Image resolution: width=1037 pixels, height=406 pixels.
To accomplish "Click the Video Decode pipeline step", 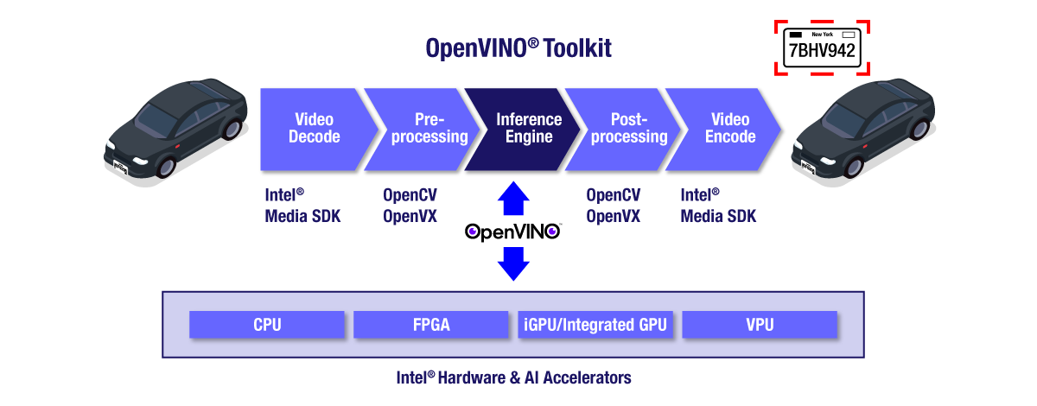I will pos(314,129).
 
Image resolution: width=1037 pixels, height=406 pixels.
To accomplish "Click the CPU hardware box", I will pos(267,326).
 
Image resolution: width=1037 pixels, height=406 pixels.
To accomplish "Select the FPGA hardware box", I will pos(431,326).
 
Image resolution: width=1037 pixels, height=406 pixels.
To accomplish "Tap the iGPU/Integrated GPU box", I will pos(595,326).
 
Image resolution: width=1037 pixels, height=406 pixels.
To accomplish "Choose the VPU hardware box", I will pos(760,326).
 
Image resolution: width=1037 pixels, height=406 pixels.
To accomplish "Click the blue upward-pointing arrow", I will pos(513,200).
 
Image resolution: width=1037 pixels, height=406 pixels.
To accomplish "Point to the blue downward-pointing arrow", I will pos(513,263).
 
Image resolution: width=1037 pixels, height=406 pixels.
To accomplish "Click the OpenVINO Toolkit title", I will pos(518,48).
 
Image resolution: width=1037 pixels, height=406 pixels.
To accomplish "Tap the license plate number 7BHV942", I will pos(822,51).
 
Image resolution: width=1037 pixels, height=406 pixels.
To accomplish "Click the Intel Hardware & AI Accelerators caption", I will pos(513,377).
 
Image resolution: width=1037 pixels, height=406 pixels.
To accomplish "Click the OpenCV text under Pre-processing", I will pos(410,195).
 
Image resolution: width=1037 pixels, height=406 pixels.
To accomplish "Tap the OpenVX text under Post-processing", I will pos(613,216).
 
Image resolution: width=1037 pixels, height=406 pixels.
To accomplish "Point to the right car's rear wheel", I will pos(920,130).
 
